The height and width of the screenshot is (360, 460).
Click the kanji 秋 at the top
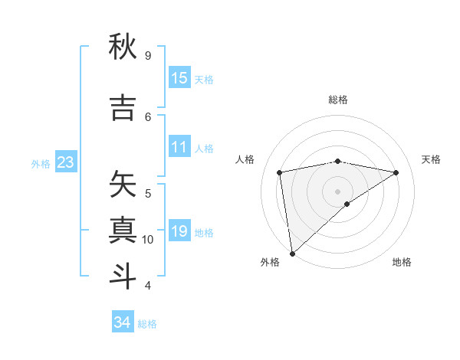click(123, 47)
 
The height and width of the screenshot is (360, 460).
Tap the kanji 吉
click(123, 108)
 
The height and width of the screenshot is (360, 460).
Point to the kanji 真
click(123, 231)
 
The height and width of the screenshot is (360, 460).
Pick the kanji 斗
click(123, 277)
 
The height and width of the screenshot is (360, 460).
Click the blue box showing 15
click(179, 78)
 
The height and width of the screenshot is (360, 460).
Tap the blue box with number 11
click(179, 147)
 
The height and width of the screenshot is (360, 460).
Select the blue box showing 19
click(179, 231)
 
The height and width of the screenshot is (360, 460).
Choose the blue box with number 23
click(65, 162)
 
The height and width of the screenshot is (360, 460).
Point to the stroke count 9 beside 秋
click(147, 56)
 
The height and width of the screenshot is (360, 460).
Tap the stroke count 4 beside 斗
click(147, 286)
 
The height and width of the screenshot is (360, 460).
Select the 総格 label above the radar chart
click(338, 100)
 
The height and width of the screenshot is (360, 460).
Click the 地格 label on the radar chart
click(402, 262)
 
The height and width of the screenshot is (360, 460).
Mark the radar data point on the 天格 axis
click(396, 172)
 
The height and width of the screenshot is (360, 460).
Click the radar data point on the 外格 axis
click(292, 253)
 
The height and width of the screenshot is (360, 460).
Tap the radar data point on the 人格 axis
click(280, 172)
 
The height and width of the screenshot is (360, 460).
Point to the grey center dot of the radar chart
click(338, 191)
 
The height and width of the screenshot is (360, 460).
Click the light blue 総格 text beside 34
click(147, 324)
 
